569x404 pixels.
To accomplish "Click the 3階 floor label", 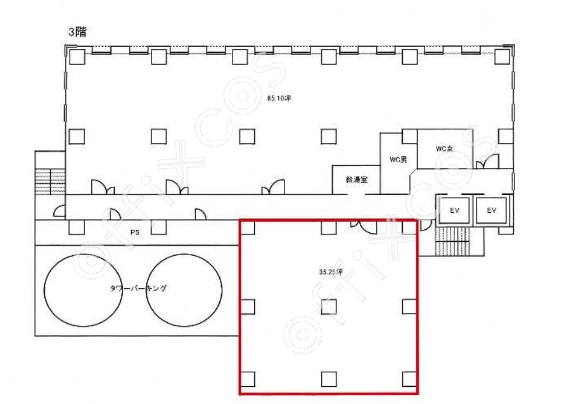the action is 78,32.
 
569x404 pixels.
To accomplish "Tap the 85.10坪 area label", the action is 279,98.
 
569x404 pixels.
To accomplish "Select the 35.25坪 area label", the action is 331,272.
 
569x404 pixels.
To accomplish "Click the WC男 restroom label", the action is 398,160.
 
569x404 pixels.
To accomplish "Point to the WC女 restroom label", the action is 445,149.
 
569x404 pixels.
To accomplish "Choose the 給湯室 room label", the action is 357,179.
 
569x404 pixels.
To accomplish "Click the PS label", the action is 134,232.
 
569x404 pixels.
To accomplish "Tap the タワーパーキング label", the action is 138,288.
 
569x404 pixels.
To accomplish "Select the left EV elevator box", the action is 454,210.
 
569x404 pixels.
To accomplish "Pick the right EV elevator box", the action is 491,210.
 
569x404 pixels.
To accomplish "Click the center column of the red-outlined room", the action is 329,307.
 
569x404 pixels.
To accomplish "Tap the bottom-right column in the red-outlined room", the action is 409,379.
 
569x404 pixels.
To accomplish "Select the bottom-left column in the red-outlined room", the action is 248,379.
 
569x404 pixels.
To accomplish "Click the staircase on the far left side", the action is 50,181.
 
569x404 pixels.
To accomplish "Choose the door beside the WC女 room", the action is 487,161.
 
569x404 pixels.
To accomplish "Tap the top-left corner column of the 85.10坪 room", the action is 77,57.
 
